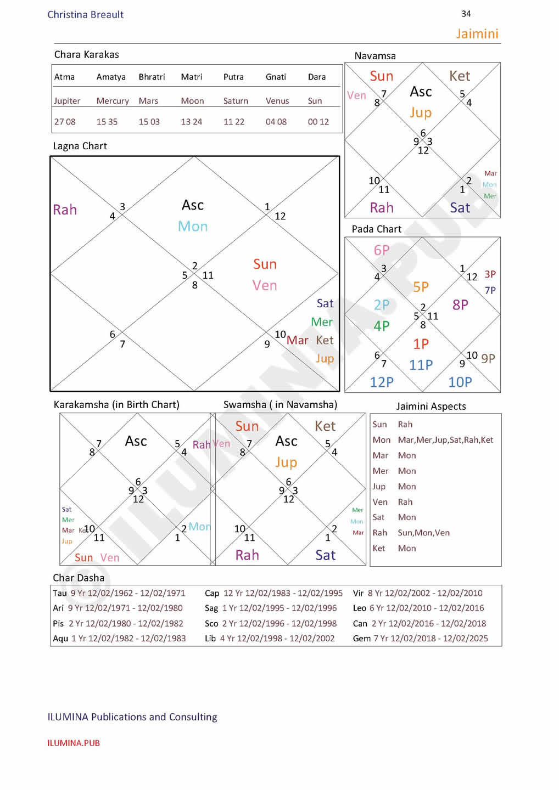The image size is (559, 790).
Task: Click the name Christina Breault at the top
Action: pyautogui.click(x=85, y=15)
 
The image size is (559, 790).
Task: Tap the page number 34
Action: pyautogui.click(x=466, y=14)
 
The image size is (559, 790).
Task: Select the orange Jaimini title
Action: pyautogui.click(x=477, y=34)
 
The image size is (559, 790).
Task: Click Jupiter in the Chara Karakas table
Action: pyautogui.click(x=67, y=101)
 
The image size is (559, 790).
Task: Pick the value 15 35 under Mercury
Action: pyautogui.click(x=107, y=122)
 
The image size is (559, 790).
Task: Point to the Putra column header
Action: pyautogui.click(x=233, y=77)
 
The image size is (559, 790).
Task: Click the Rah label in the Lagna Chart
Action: pyautogui.click(x=65, y=210)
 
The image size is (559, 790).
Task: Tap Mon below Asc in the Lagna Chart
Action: pyautogui.click(x=193, y=226)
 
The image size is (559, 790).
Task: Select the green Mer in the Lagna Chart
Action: pyautogui.click(x=321, y=322)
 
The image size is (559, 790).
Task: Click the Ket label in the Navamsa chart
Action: pyautogui.click(x=460, y=76)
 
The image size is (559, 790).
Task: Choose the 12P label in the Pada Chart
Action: pyautogui.click(x=382, y=382)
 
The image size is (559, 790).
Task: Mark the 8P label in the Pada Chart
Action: pyautogui.click(x=460, y=304)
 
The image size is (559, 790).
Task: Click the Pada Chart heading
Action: pyautogui.click(x=376, y=229)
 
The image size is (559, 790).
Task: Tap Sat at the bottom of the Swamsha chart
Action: pyautogui.click(x=325, y=555)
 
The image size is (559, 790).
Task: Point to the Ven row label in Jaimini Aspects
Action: pyautogui.click(x=380, y=502)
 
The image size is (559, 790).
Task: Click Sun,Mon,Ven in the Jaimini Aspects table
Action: pyautogui.click(x=423, y=533)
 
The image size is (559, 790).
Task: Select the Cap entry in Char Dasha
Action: pyautogui.click(x=212, y=593)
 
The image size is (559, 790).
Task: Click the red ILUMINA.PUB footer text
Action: pyautogui.click(x=74, y=743)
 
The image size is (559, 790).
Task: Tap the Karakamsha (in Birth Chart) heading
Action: pyautogui.click(x=116, y=405)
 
